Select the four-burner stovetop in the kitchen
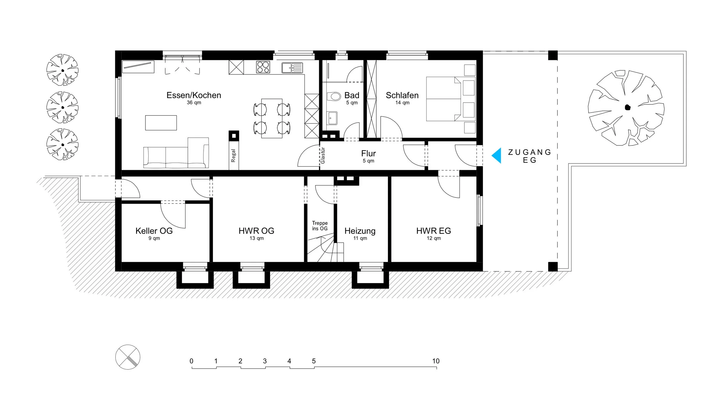(263, 67)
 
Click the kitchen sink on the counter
(292, 68)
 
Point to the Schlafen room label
(402, 95)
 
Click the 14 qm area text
(402, 103)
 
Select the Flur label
(368, 153)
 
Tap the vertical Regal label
(233, 156)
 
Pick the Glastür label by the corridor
(322, 155)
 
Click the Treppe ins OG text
(320, 226)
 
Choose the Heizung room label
(360, 231)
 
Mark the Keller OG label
(154, 231)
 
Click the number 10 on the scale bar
(436, 361)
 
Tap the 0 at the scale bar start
(191, 361)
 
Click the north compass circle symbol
(128, 357)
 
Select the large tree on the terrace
(626, 108)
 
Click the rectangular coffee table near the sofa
(161, 123)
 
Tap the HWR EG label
(434, 231)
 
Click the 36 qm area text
(194, 103)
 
